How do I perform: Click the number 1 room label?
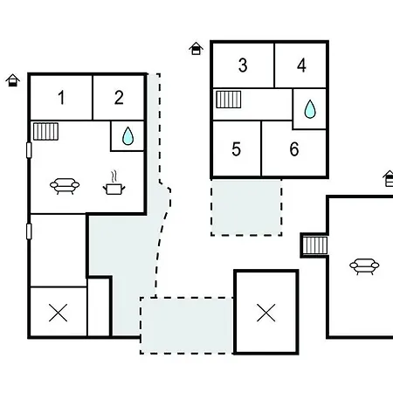tap(61, 98)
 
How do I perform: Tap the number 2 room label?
tap(119, 98)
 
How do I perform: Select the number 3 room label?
tap(243, 65)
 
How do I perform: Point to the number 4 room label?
tap(301, 65)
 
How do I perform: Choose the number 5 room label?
tap(237, 149)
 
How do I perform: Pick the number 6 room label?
tap(294, 149)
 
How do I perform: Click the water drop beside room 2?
tap(128, 136)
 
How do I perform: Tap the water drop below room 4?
tap(310, 109)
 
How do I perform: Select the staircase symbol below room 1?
tap(45, 132)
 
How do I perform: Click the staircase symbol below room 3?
tap(229, 100)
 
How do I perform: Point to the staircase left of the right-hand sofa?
tap(315, 245)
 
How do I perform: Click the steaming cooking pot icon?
tap(114, 183)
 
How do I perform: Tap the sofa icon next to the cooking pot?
tap(65, 186)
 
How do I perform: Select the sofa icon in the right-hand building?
tap(364, 266)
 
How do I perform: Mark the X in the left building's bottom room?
tap(59, 313)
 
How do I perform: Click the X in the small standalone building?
tap(266, 313)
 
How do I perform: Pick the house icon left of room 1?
tap(12, 80)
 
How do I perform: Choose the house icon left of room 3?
tap(196, 48)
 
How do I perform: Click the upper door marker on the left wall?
tap(29, 150)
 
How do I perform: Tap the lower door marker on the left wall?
tap(29, 231)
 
